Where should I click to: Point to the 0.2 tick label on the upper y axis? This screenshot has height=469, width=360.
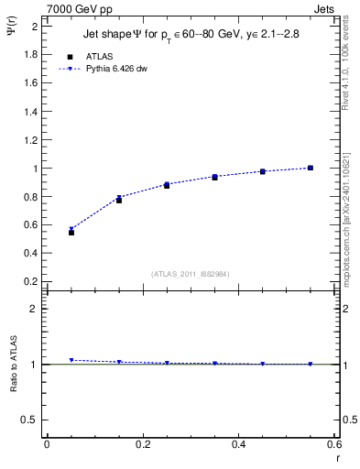pos(33,279)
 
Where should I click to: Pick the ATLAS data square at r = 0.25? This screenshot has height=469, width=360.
pos(167,185)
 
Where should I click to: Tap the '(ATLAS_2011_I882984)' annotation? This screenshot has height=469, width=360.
pos(191,273)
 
